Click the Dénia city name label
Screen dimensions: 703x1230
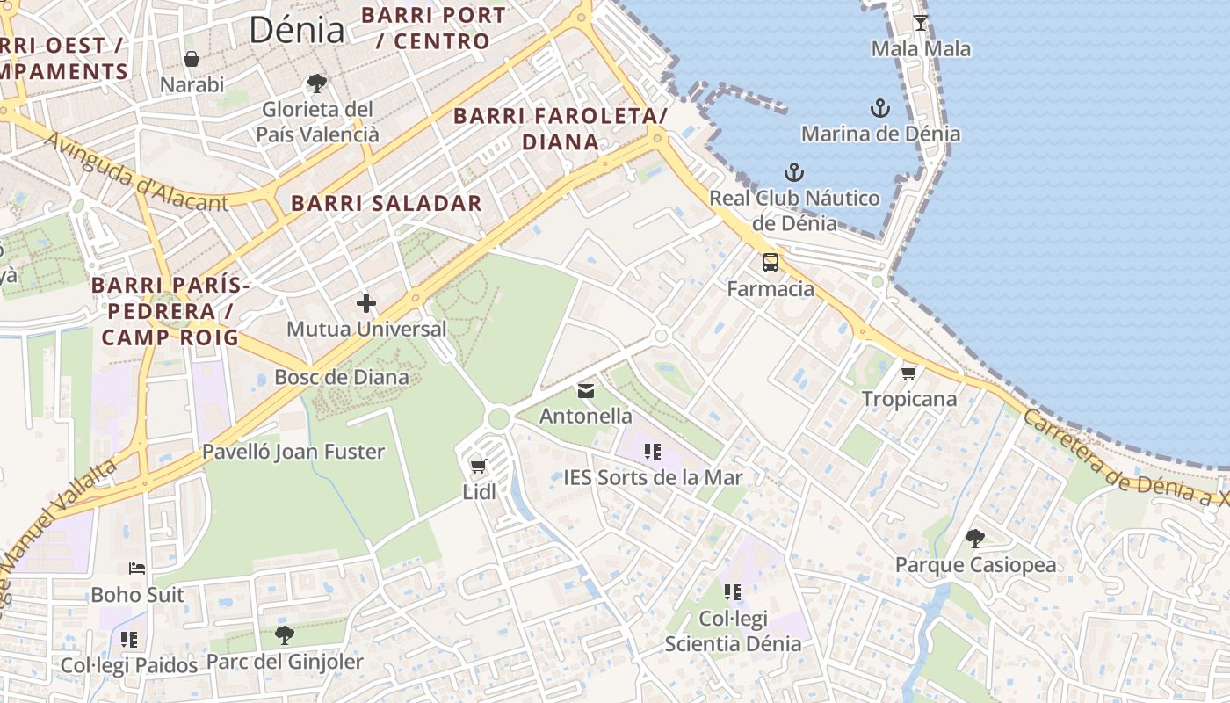click(297, 30)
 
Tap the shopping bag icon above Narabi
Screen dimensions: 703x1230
click(192, 60)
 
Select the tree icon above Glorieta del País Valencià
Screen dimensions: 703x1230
click(317, 84)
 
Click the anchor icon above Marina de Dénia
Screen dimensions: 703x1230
click(880, 109)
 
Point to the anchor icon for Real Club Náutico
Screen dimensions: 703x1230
click(794, 172)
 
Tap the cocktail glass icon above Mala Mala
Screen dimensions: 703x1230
click(921, 23)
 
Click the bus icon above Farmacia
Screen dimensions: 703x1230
click(771, 263)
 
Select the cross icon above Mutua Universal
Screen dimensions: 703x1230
click(366, 304)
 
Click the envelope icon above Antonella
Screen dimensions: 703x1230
click(586, 391)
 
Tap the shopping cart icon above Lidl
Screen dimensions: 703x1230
click(479, 467)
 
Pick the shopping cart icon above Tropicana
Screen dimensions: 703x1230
click(908, 373)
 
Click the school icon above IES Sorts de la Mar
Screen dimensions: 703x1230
click(653, 453)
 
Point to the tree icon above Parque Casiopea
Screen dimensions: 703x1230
click(975, 539)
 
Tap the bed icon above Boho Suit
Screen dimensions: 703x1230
click(137, 569)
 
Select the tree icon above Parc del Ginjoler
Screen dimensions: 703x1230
click(284, 635)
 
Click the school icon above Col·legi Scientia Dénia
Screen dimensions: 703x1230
click(733, 593)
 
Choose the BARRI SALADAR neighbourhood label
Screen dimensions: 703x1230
click(387, 203)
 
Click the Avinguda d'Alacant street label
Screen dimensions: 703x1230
click(135, 172)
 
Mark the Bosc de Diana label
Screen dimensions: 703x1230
click(342, 377)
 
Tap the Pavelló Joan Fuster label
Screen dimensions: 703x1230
click(293, 452)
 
